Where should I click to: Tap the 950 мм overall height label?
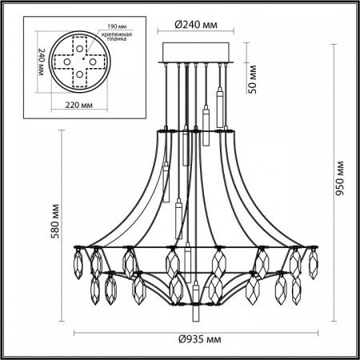(x=340, y=188)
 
